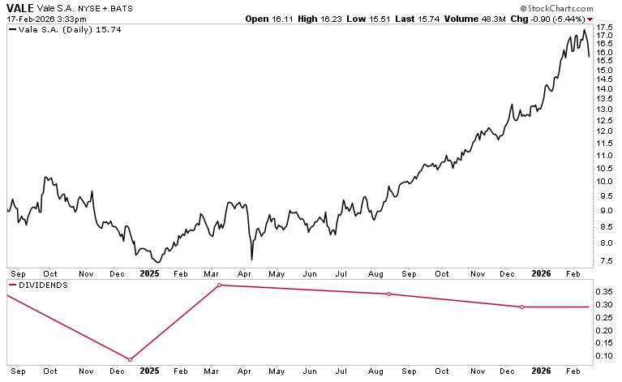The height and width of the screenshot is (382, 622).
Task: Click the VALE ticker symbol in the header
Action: tap(19, 6)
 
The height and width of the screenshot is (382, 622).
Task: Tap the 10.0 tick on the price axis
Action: tap(604, 181)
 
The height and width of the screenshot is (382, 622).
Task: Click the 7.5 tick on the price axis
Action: tap(604, 260)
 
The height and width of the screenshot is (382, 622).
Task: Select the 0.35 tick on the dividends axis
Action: tap(604, 291)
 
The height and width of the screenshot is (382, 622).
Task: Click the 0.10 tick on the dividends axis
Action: tap(604, 355)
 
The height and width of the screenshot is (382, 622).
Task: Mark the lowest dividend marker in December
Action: tap(131, 359)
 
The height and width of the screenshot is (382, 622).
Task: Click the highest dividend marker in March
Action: tap(220, 285)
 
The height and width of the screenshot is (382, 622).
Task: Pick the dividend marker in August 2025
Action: tap(389, 294)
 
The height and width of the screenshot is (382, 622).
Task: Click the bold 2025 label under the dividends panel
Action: tap(149, 371)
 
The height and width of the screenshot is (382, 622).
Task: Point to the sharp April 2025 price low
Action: tap(251, 260)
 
